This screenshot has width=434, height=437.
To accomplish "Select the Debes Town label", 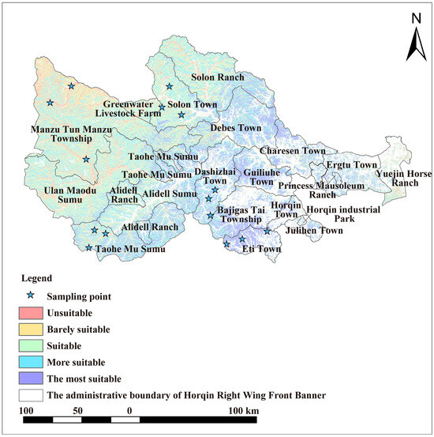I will coord(235,127).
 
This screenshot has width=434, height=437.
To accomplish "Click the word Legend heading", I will coord(37,278).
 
